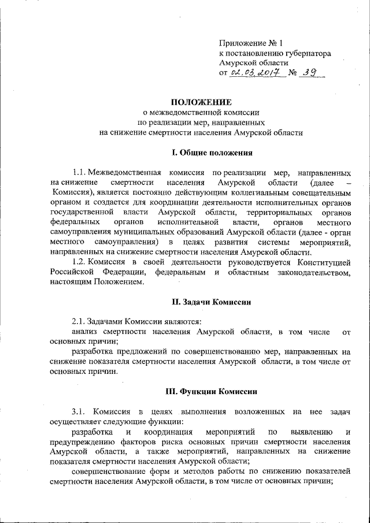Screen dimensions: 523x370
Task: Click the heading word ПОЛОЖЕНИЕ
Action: point(201,102)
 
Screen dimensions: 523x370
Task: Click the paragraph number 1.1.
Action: point(80,172)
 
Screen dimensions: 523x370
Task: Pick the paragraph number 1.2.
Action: point(80,262)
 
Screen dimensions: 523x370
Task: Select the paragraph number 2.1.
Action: point(80,321)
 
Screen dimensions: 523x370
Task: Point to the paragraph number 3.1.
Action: point(80,411)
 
